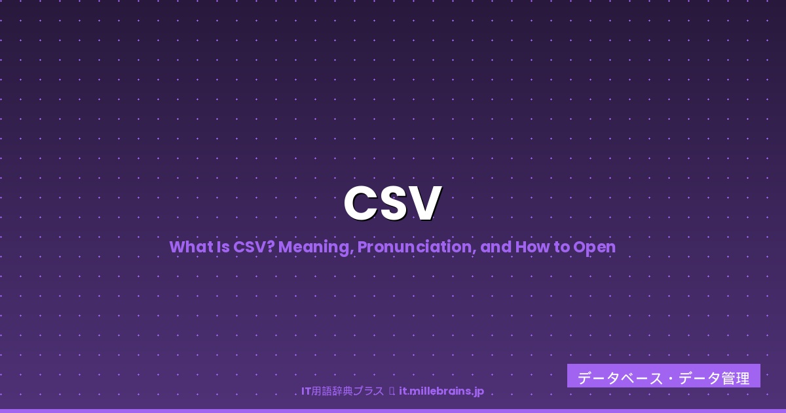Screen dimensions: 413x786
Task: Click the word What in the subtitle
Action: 186,247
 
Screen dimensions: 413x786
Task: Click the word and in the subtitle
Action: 495,247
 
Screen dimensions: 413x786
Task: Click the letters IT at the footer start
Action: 306,391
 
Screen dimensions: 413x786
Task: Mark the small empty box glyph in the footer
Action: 391,391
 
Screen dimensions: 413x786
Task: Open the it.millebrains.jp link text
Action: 441,391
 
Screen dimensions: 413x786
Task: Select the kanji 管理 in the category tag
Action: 736,378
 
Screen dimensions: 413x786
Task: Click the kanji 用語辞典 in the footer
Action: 333,391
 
